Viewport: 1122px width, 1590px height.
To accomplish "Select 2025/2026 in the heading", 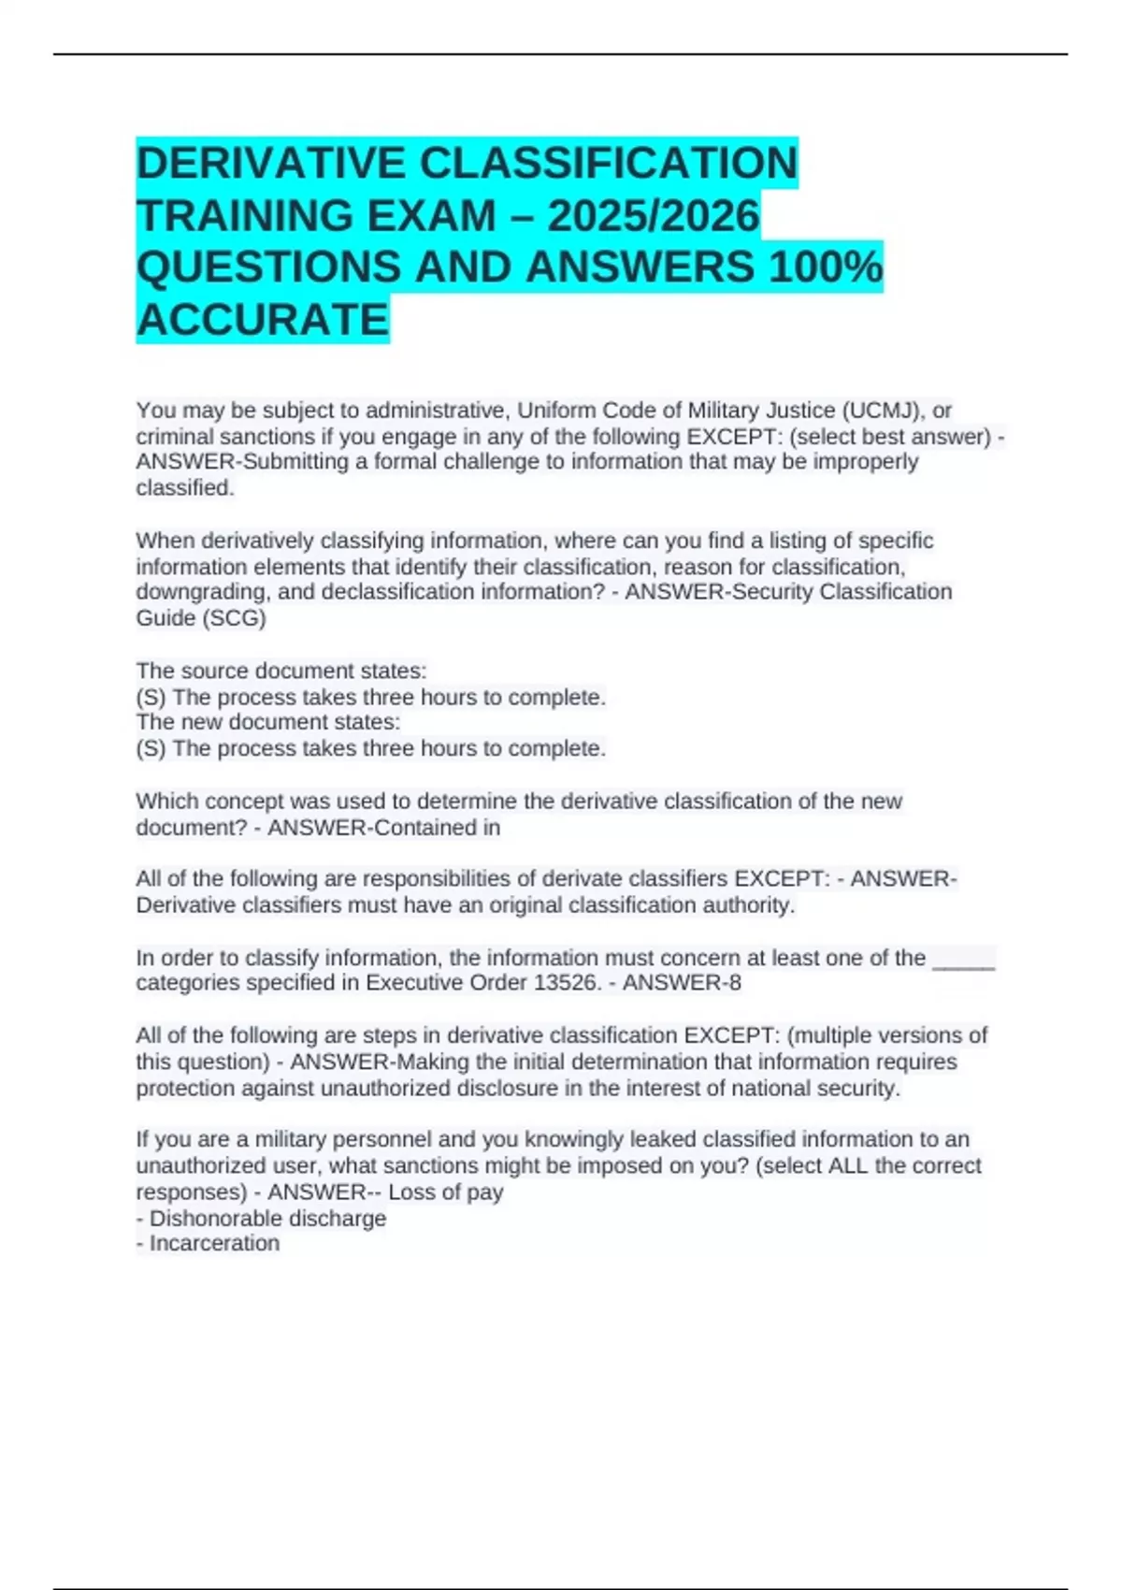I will coord(653,216).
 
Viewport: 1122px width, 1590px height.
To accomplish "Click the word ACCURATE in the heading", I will coord(263,320).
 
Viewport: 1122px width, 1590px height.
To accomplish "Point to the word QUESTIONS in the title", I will coord(269,267).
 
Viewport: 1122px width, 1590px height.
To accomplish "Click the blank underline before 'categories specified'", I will coord(964,958).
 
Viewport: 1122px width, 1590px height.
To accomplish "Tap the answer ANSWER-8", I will coord(682,983).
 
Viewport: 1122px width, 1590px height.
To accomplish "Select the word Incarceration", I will coord(214,1243).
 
